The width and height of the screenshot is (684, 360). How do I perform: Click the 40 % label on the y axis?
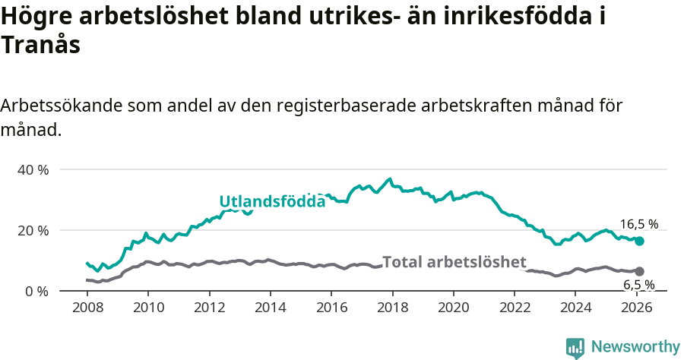click(x=33, y=169)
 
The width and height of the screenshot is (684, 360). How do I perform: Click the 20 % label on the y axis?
click(x=33, y=230)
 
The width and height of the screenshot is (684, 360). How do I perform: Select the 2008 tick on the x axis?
click(x=87, y=308)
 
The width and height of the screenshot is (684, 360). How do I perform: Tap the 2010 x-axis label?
click(x=148, y=308)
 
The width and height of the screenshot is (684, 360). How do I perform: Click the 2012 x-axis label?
click(x=209, y=308)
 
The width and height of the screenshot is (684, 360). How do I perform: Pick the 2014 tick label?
click(x=271, y=308)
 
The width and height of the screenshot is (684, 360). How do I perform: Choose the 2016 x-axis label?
click(x=331, y=308)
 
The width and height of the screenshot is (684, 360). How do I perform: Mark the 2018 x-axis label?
click(x=393, y=308)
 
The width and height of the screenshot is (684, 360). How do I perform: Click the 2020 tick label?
click(x=454, y=308)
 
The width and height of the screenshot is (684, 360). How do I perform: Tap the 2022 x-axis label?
click(x=515, y=308)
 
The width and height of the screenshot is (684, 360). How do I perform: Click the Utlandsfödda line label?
click(x=272, y=201)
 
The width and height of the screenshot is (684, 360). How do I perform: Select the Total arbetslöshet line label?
click(x=454, y=262)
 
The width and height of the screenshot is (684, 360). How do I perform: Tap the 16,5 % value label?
click(x=639, y=224)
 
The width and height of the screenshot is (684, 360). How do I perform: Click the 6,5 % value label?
click(x=639, y=285)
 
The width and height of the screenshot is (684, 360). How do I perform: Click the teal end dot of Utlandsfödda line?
click(x=640, y=241)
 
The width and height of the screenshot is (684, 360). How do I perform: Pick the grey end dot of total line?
click(x=640, y=271)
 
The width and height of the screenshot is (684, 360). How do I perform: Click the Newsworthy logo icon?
click(x=575, y=348)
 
